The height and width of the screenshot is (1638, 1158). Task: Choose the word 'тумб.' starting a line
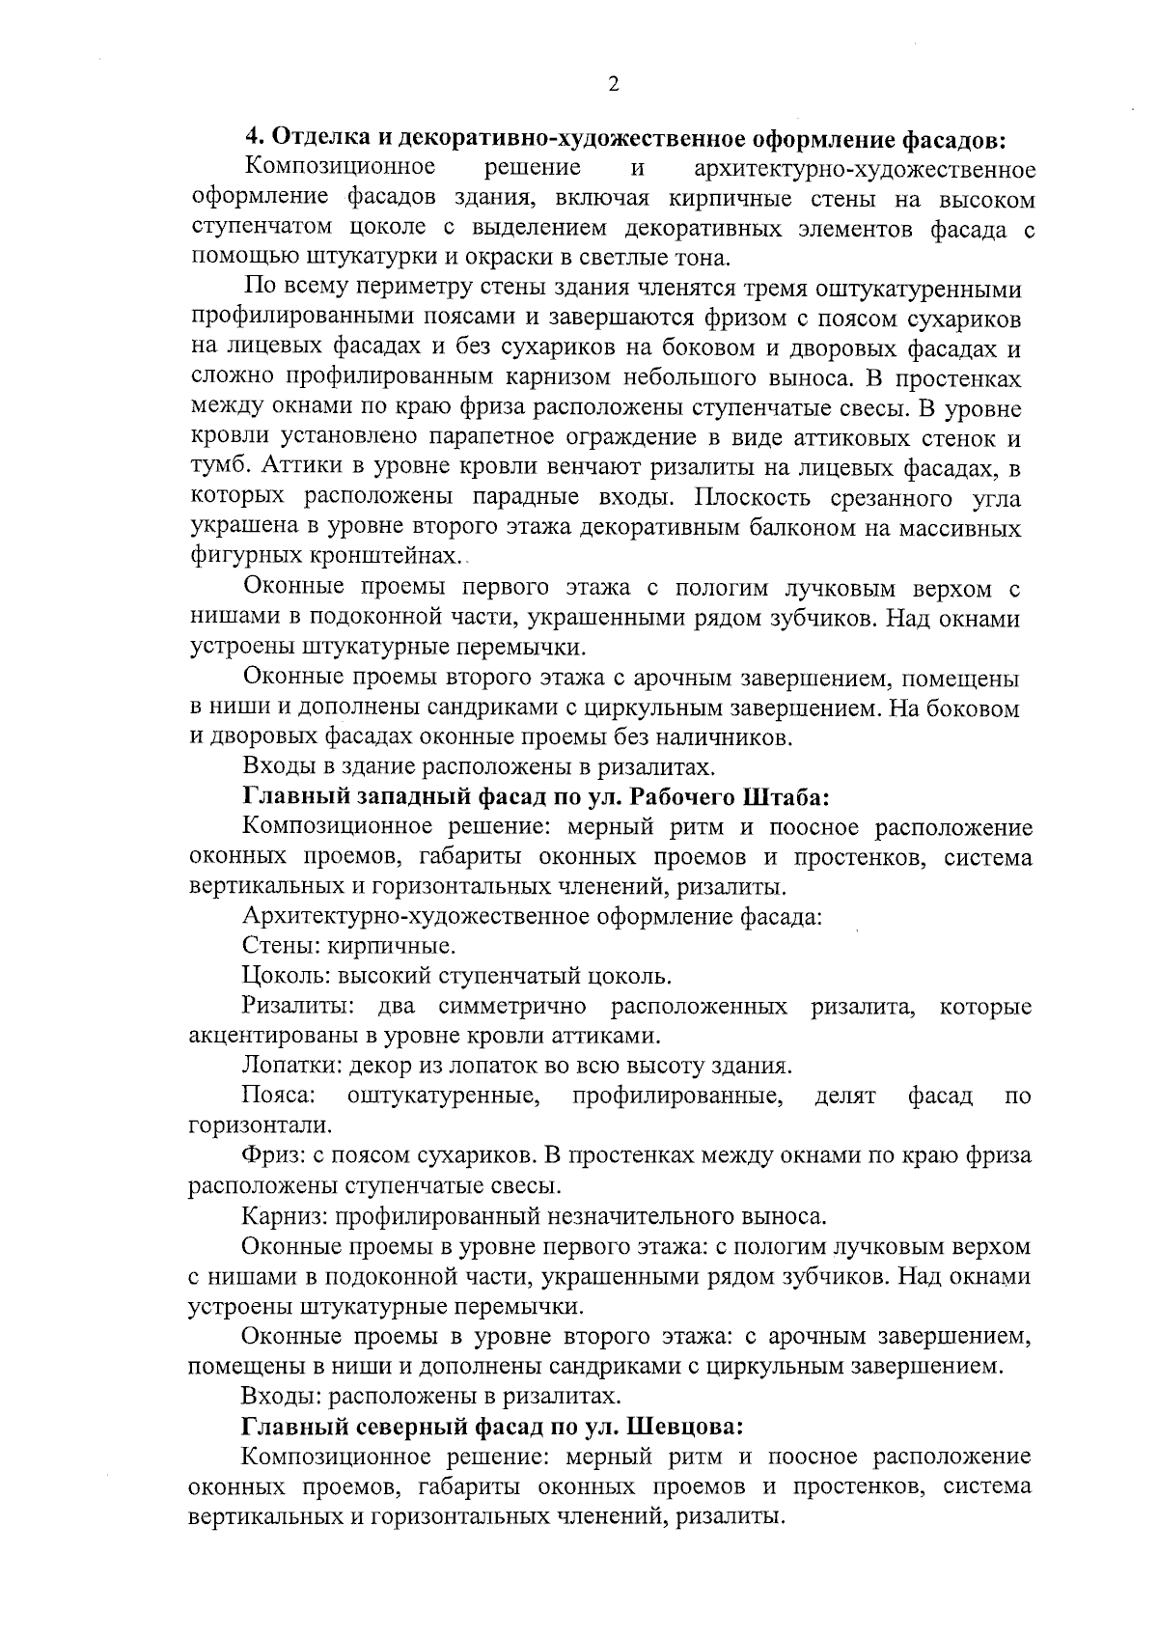[218, 468]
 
